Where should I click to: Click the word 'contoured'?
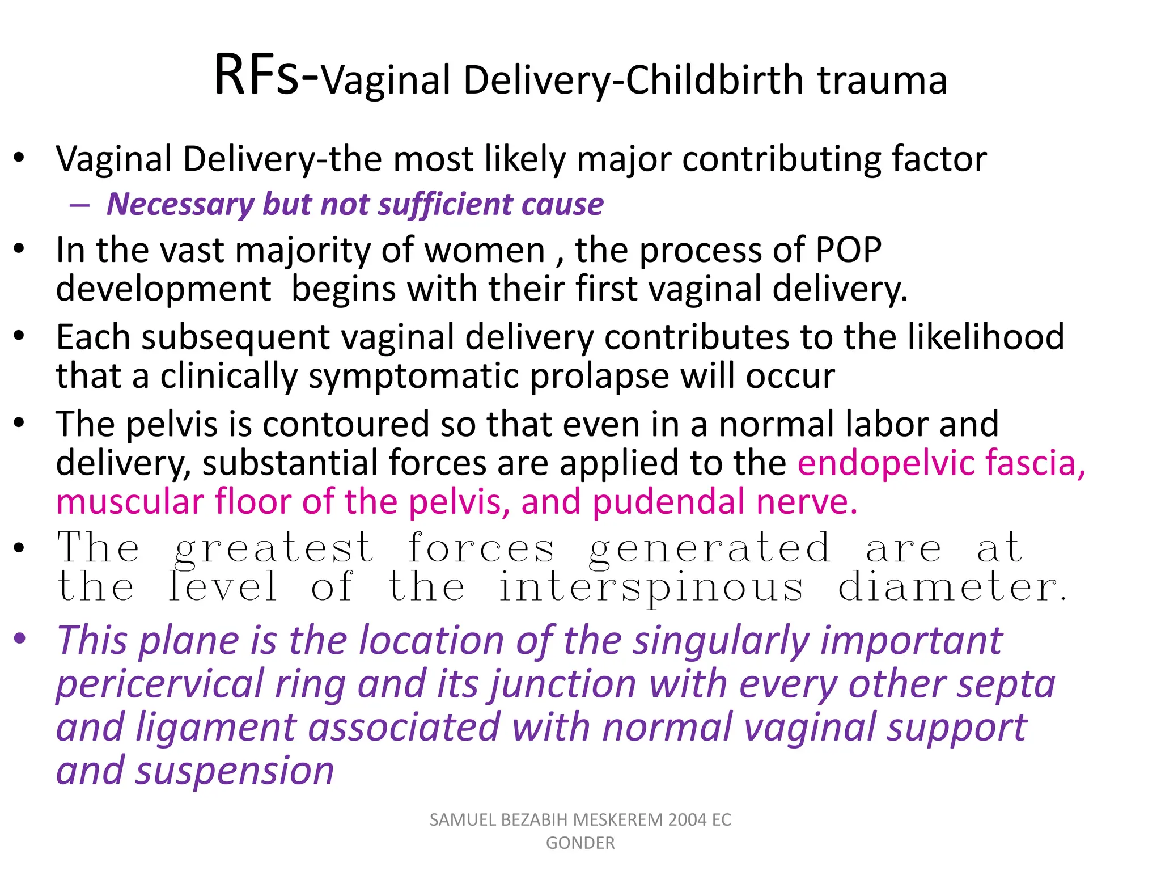(x=340, y=424)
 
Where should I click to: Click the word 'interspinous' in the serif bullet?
(x=651, y=587)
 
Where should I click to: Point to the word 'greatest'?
(x=274, y=549)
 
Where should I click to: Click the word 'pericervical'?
(x=160, y=684)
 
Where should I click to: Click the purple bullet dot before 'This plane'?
(x=20, y=639)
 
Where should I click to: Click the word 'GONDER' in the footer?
(x=580, y=843)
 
